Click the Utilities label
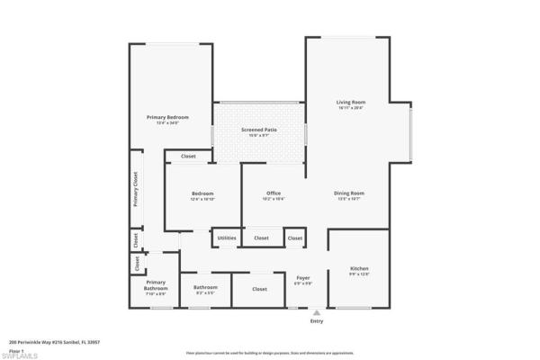pos(227,238)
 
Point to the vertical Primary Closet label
pos(136,190)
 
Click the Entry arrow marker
pos(316,312)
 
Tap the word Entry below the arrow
pos(316,321)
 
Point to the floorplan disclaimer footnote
pos(269,354)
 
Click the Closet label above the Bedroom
pos(188,157)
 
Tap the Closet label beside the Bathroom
pos(259,289)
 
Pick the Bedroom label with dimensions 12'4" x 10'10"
pos(202,195)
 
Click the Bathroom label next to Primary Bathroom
pos(205,289)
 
